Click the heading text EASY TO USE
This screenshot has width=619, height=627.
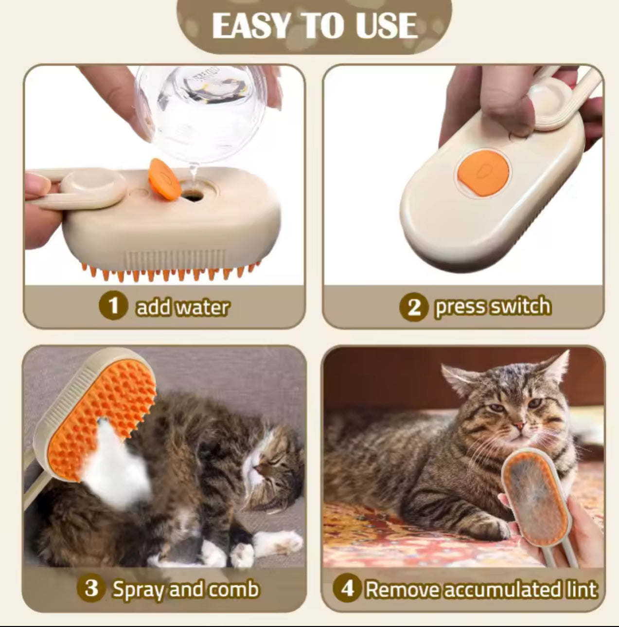(x=315, y=25)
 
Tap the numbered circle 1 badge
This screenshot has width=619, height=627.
(x=113, y=306)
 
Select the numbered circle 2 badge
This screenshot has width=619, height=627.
(x=413, y=307)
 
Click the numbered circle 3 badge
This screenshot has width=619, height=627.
(x=91, y=588)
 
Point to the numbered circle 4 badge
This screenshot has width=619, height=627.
(x=347, y=588)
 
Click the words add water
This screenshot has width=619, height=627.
(x=182, y=307)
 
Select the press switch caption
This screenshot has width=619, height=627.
(x=493, y=307)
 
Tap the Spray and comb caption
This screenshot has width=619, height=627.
(x=185, y=589)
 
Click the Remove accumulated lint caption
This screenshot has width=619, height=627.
(x=480, y=589)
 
